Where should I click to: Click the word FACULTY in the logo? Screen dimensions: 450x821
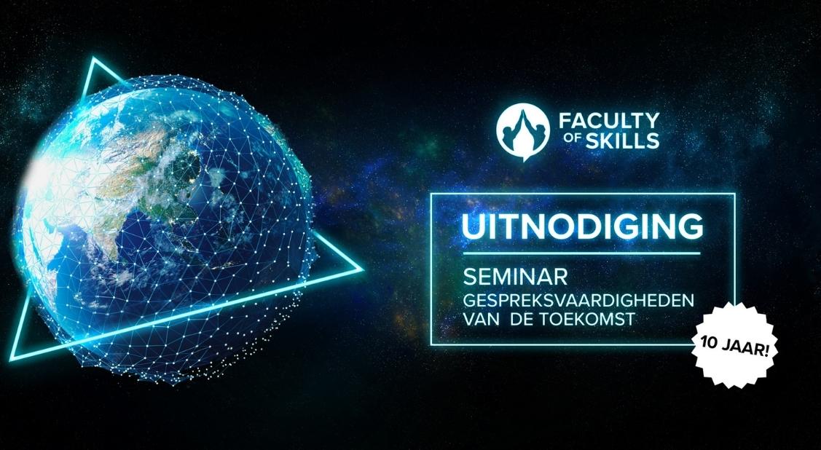tap(605, 119)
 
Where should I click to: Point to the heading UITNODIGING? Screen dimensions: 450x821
tap(582, 226)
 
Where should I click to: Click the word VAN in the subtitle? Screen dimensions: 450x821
tap(482, 317)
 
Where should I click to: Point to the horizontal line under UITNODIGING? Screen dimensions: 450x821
tap(582, 253)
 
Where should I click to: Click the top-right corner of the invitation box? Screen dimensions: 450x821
tap(734, 194)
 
